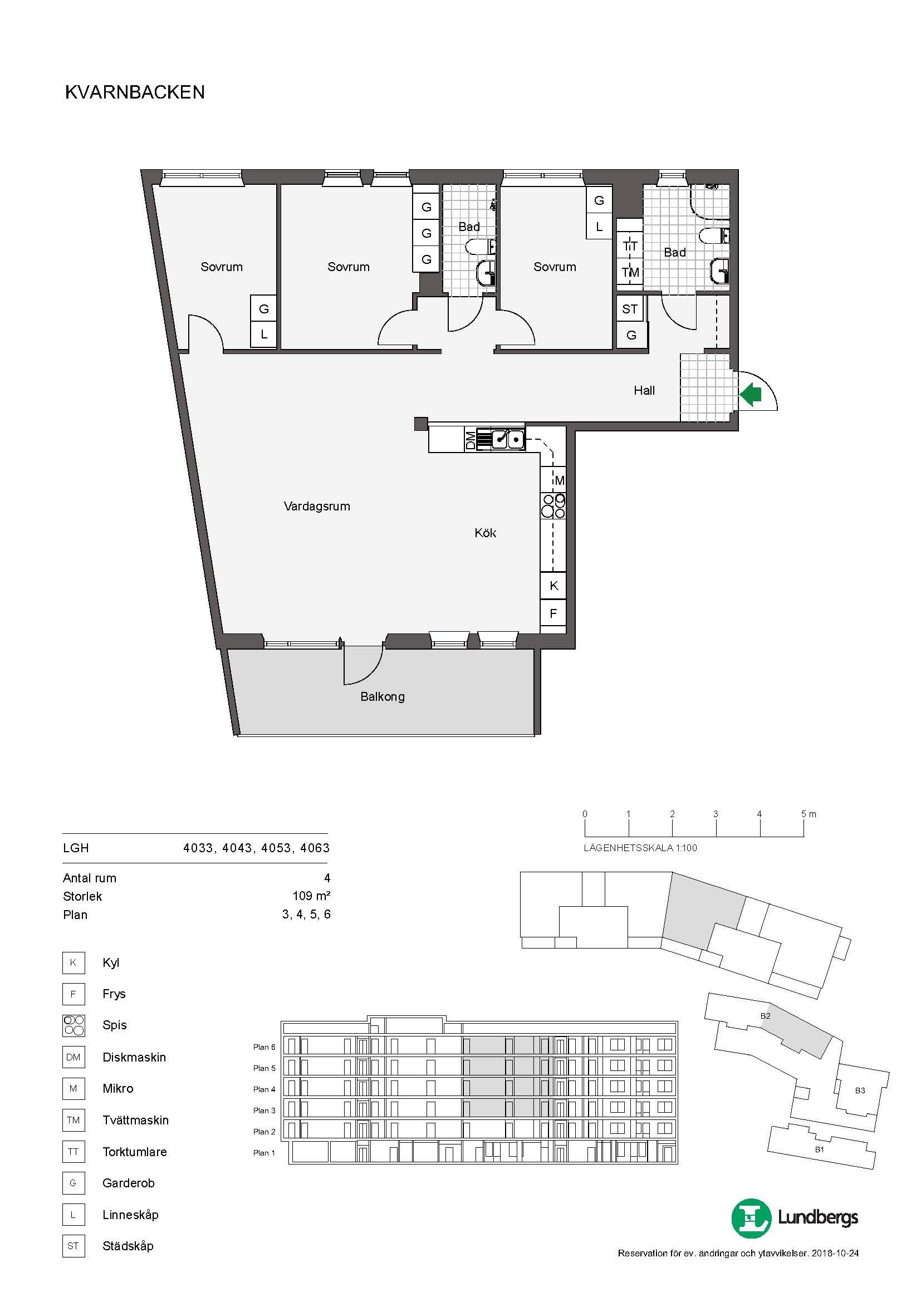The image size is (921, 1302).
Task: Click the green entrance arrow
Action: click(x=749, y=395)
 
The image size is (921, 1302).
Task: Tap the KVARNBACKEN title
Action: click(x=135, y=92)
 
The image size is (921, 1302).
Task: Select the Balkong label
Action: click(x=382, y=696)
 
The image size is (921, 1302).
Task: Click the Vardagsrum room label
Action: click(x=317, y=507)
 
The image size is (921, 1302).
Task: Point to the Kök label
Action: click(x=486, y=533)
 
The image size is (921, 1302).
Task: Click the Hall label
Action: click(x=644, y=390)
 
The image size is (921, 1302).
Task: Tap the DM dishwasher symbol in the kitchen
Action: click(x=470, y=440)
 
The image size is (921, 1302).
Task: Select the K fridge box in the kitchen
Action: click(x=553, y=585)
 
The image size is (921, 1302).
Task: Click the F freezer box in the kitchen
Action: click(x=553, y=612)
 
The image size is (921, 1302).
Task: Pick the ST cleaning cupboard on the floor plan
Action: click(x=630, y=309)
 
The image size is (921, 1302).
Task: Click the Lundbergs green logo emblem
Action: click(x=751, y=1217)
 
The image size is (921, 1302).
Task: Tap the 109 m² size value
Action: click(x=311, y=896)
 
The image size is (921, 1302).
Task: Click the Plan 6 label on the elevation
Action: click(x=264, y=1047)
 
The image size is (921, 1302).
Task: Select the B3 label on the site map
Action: click(x=860, y=1090)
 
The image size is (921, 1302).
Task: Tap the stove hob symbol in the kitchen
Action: click(x=553, y=506)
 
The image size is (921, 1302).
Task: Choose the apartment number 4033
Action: click(x=198, y=848)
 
